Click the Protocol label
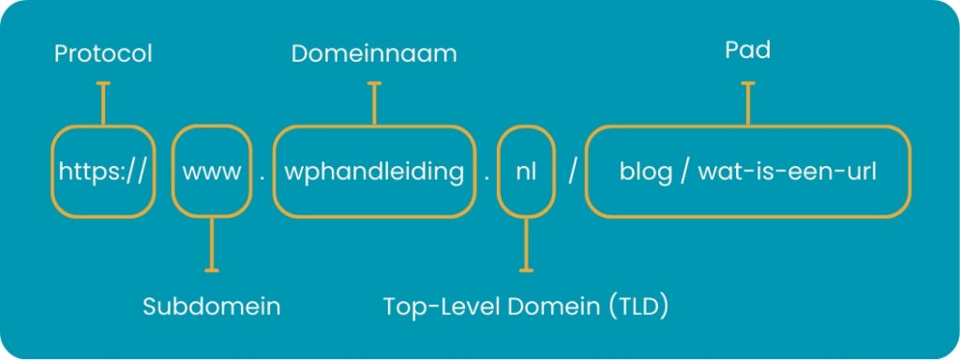click(x=103, y=55)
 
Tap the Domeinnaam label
click(x=374, y=54)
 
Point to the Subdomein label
click(x=212, y=307)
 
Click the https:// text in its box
click(x=102, y=172)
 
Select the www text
click(x=211, y=172)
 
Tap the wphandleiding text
click(x=374, y=172)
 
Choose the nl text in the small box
click(x=526, y=172)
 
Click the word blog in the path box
click(x=644, y=172)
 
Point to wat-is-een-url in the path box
click(x=787, y=172)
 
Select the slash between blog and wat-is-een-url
click(x=684, y=173)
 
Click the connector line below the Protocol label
click(x=103, y=103)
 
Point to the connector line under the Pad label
click(x=748, y=103)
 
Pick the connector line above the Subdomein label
click(x=212, y=245)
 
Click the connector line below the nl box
click(x=526, y=245)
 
